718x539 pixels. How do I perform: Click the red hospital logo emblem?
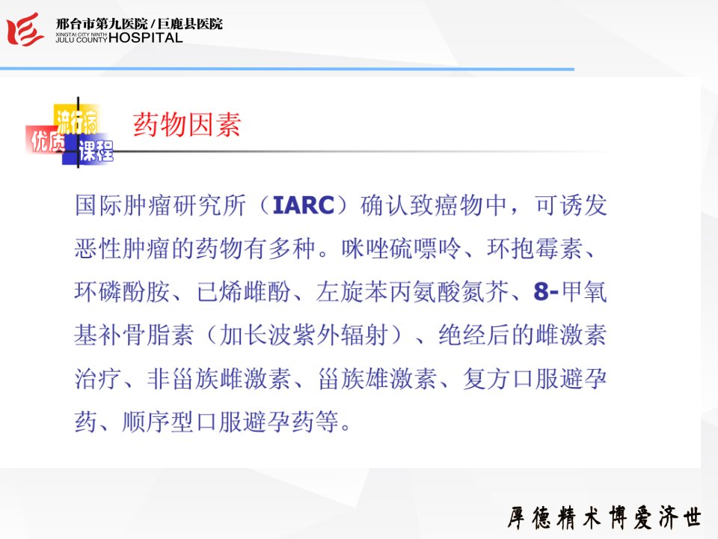click(x=25, y=29)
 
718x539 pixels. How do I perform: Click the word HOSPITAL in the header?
click(x=146, y=37)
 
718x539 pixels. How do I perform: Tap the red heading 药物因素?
click(x=187, y=124)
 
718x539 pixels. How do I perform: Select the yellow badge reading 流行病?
click(x=77, y=120)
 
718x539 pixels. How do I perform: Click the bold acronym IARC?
click(x=303, y=205)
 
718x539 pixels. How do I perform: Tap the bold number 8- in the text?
click(x=546, y=291)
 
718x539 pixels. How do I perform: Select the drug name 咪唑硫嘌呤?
click(x=401, y=249)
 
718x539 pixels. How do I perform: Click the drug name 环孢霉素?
click(x=534, y=249)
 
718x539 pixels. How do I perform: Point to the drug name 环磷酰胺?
click(x=122, y=291)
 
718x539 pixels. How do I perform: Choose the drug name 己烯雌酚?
click(x=244, y=291)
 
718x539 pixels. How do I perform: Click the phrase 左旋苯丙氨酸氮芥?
click(x=413, y=291)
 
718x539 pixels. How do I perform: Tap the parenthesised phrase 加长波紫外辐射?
click(x=304, y=335)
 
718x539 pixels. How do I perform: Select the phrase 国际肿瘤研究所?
click(x=160, y=205)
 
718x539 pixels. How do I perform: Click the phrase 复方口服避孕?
click(x=535, y=379)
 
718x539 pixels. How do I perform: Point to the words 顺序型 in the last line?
click(x=158, y=422)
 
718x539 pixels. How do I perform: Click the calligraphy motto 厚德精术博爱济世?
click(x=604, y=517)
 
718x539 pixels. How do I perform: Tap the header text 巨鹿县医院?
click(x=190, y=23)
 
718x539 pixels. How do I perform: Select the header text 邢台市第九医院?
click(x=102, y=23)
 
